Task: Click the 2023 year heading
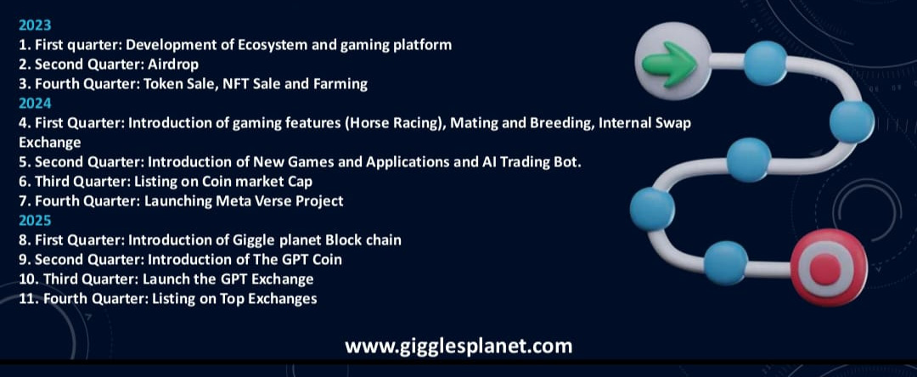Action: [35, 25]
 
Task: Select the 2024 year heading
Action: [35, 104]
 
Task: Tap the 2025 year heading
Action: [35, 221]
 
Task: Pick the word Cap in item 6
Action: [300, 182]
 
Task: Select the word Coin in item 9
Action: [327, 260]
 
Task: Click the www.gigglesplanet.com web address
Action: [458, 346]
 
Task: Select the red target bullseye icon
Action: [829, 267]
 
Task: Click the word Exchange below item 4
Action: [50, 143]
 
